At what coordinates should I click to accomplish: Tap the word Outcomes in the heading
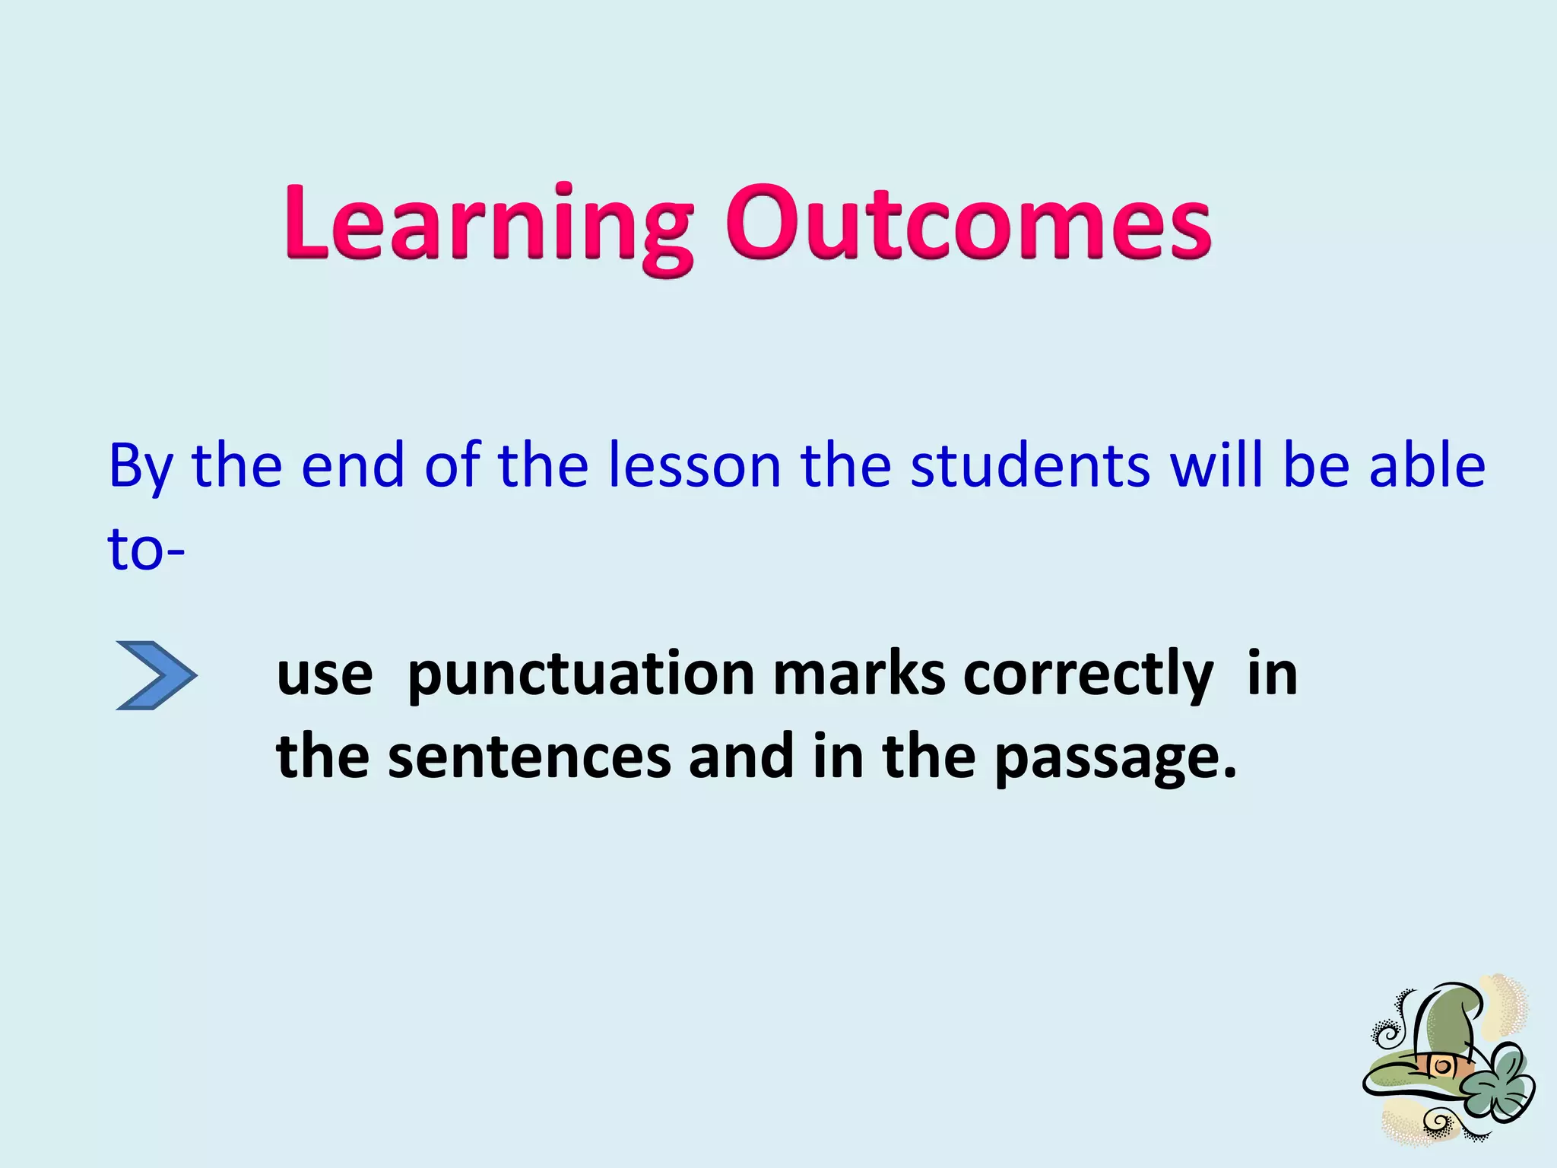tap(967, 224)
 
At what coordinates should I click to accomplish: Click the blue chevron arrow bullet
tap(157, 675)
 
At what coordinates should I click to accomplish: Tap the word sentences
tap(529, 757)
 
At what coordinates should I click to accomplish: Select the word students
tap(1030, 465)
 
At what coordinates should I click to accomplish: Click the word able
tap(1427, 465)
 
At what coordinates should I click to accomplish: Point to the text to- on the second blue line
tap(145, 549)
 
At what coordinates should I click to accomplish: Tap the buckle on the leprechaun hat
tap(1440, 1066)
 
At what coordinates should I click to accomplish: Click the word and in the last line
tap(741, 757)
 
